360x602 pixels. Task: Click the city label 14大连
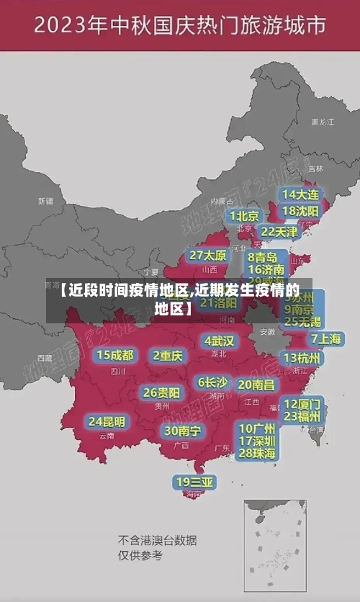301,195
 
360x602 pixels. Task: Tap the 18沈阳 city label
301,211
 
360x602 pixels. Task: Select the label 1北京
245,216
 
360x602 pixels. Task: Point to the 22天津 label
279,232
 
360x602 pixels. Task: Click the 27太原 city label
209,256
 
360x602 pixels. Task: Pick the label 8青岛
263,257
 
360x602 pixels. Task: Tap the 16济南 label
266,270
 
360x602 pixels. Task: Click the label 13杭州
303,358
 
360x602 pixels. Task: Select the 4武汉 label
219,341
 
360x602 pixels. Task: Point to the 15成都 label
115,355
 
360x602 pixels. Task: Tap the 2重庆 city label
168,355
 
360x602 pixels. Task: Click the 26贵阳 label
161,393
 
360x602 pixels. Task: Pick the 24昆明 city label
107,421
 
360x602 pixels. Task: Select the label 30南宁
182,431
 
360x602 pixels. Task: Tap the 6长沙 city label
212,382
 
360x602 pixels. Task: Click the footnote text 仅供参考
140,555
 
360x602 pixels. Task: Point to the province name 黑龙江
321,122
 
